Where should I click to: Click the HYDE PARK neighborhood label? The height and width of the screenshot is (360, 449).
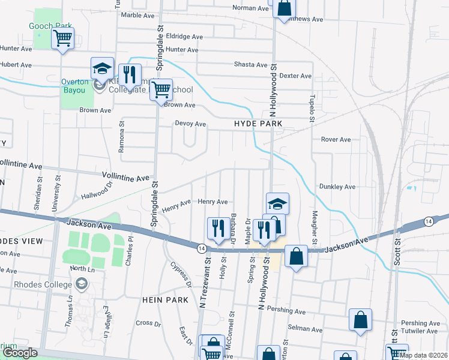258,124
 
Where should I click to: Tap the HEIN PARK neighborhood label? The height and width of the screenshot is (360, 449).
158,299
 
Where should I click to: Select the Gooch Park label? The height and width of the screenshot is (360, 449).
51,26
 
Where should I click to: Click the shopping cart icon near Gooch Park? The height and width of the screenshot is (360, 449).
63,40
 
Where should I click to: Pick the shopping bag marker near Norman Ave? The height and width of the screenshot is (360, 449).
285,9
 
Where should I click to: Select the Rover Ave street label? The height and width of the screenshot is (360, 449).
336,140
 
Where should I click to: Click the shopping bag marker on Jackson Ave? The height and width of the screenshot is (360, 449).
297,257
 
